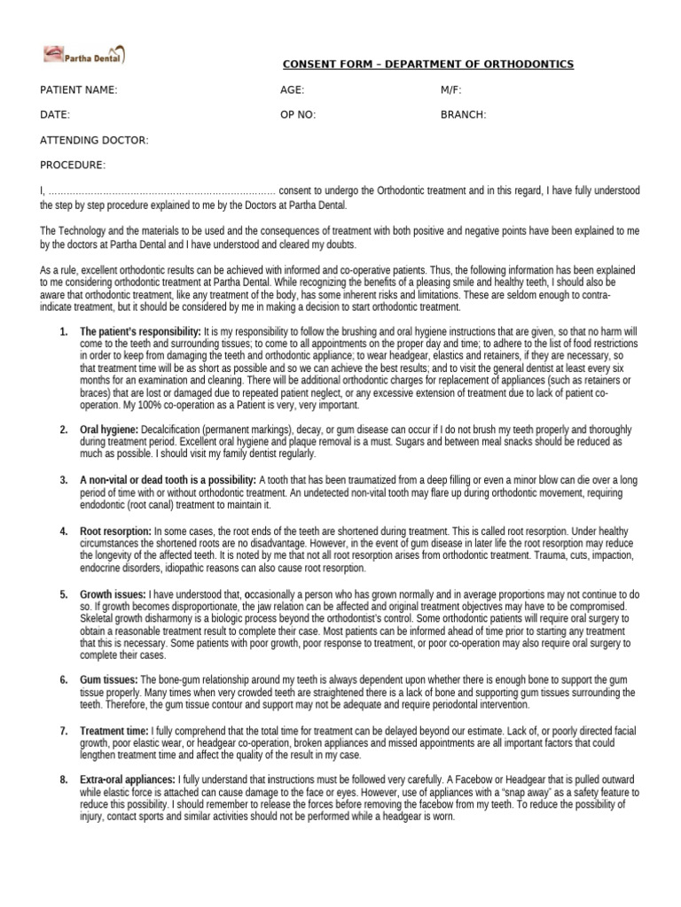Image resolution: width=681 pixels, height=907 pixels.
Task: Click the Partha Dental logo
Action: coord(84,55)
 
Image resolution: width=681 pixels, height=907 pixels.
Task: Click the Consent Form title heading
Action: coord(427,65)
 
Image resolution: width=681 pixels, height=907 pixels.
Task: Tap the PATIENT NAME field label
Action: coord(79,90)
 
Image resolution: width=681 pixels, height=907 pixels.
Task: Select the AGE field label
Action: coord(292,90)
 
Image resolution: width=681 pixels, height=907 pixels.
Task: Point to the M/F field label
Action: coord(450,90)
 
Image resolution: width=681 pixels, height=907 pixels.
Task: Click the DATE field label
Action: coord(55,115)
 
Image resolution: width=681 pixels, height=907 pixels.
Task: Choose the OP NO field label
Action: coord(297,115)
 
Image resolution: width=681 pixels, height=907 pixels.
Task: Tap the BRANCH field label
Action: coord(463,115)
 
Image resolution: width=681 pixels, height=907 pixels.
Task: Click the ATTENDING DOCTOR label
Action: coord(94,140)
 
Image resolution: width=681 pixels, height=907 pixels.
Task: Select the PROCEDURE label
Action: coord(73,165)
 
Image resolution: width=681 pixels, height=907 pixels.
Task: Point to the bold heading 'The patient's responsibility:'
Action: coord(140,330)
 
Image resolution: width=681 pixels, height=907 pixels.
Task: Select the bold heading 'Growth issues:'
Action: coord(113,593)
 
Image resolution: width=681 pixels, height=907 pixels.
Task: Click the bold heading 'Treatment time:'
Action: coord(114,731)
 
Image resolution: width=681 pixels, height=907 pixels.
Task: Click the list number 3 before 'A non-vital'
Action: coord(64,480)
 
